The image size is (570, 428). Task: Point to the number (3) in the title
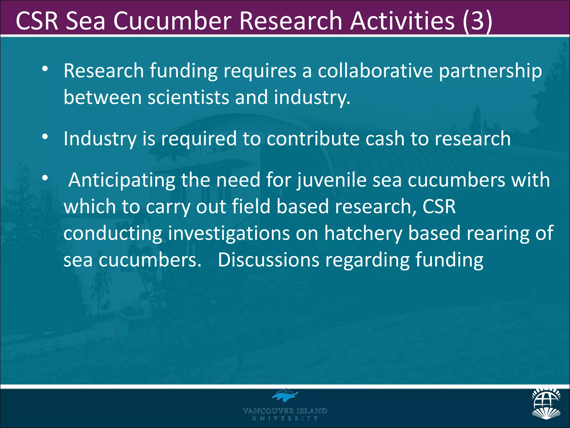[x=478, y=21]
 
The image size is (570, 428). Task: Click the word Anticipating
[x=122, y=181]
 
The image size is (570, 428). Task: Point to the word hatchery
[x=363, y=234]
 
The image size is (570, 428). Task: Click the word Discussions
[x=269, y=260]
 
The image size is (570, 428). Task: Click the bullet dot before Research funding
[x=45, y=69]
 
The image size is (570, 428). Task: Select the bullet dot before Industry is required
[x=45, y=137]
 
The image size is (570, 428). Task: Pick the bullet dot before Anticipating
[x=45, y=178]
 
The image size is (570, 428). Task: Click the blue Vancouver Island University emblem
[x=285, y=395]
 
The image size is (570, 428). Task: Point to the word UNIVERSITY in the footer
[x=285, y=418]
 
